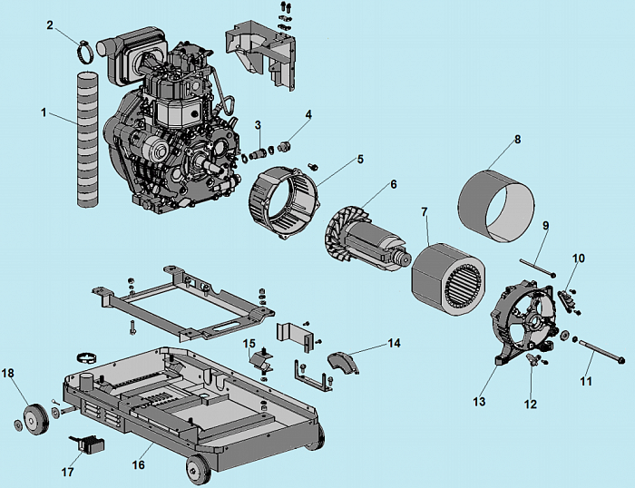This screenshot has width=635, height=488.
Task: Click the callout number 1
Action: pos(43,112)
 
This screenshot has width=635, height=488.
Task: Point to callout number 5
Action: pos(360,159)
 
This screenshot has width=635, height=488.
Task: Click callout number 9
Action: pos(546,224)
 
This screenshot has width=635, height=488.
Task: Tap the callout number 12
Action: pos(532,404)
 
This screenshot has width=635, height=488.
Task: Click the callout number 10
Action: pos(579,259)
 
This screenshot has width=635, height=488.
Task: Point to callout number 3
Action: pos(258,124)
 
